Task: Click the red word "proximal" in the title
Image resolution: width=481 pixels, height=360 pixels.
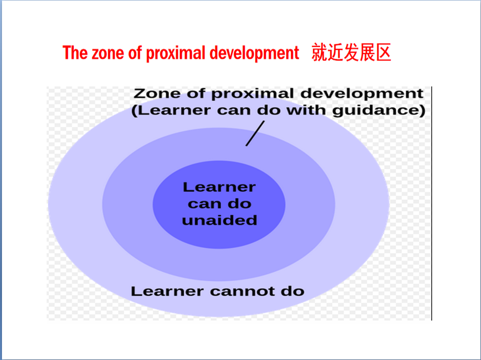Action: click(175, 53)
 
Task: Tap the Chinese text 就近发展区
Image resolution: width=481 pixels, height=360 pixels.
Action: click(351, 52)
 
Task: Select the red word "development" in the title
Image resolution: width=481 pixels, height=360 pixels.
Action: click(254, 53)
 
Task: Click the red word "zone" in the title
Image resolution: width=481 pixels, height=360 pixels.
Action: click(108, 53)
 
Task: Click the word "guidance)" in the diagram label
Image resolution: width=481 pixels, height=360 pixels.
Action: click(379, 111)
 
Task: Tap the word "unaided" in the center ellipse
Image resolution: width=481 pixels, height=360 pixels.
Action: click(219, 220)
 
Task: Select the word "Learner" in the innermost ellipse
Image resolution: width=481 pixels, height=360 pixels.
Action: click(219, 187)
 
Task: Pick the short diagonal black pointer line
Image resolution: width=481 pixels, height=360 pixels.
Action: click(255, 133)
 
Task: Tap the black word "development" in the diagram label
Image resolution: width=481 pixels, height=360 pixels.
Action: click(362, 94)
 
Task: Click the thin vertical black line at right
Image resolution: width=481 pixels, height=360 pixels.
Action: click(432, 203)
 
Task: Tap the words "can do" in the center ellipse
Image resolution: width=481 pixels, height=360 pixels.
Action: click(219, 204)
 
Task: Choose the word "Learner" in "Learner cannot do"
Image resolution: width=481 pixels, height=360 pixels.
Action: click(167, 291)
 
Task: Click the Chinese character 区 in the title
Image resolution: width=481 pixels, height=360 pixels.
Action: click(383, 52)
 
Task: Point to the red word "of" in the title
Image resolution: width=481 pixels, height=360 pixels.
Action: click(135, 53)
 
